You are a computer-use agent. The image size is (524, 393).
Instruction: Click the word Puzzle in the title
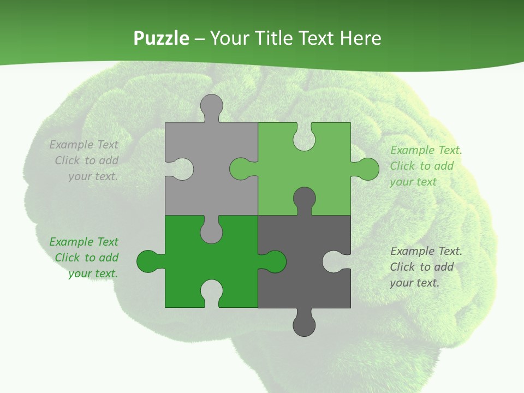[162, 38]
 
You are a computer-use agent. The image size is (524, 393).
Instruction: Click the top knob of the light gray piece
[211, 105]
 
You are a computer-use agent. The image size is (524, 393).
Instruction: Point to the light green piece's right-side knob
[367, 169]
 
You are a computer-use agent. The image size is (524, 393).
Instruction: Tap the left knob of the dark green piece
[148, 261]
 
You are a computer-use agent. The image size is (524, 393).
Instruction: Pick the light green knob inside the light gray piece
[241, 169]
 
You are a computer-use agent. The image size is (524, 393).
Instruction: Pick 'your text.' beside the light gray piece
[93, 176]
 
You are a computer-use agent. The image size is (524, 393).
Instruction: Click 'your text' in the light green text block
[413, 182]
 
